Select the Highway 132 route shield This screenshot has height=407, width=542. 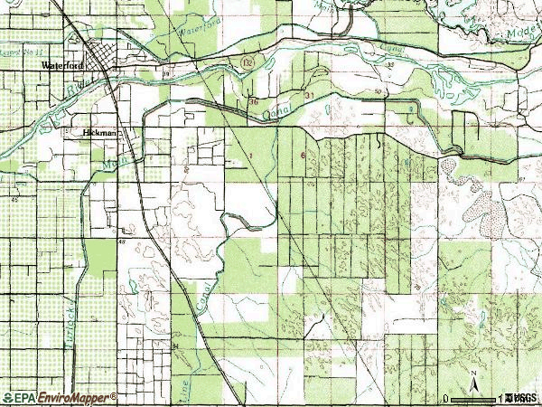(247, 62)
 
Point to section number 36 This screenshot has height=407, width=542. (254, 102)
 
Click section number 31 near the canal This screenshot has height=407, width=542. (309, 95)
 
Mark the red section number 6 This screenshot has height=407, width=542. (303, 154)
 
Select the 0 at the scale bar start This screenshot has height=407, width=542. (445, 397)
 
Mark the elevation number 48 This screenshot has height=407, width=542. (122, 243)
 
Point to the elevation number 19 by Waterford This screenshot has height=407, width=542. (166, 73)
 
